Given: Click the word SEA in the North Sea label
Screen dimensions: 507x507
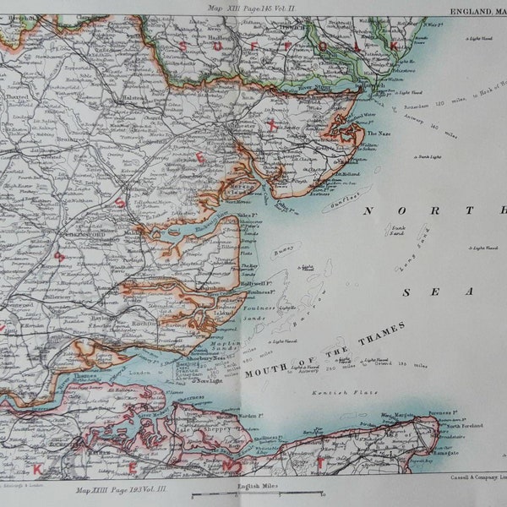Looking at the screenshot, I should [417, 292].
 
